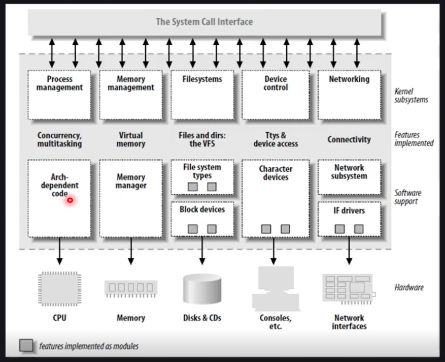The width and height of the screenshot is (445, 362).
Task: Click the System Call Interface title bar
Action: click(x=204, y=22)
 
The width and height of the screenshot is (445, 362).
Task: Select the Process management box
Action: click(x=59, y=95)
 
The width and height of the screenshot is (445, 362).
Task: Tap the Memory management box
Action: click(x=130, y=95)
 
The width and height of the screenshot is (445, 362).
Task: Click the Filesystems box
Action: click(x=202, y=95)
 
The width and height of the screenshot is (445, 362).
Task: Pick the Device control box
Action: click(x=276, y=95)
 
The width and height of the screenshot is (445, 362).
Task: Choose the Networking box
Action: click(x=349, y=95)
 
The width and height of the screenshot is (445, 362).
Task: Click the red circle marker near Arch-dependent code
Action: click(x=70, y=200)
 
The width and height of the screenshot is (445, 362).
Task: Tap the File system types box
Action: click(x=202, y=177)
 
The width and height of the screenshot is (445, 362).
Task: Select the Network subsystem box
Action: click(x=349, y=177)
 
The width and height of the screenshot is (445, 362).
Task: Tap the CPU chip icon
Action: click(x=59, y=288)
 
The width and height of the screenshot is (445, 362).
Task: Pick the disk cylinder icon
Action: click(x=202, y=289)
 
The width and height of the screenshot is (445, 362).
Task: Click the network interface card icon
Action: click(x=349, y=287)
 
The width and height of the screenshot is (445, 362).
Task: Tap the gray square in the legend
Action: click(x=26, y=346)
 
